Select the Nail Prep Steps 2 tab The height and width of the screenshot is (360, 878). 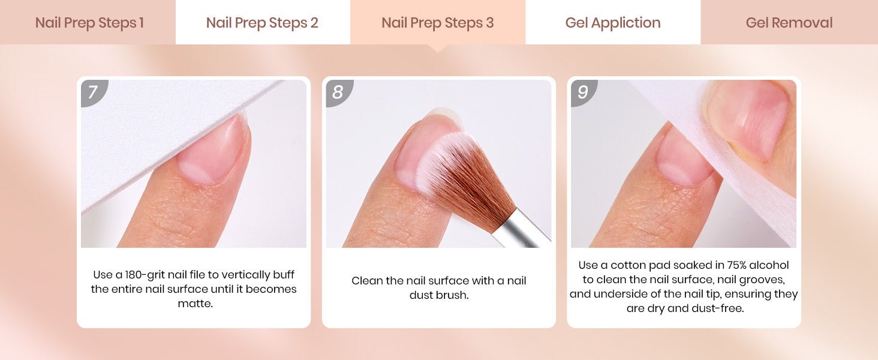(x=263, y=22)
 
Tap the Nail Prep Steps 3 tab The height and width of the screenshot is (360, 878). (x=438, y=22)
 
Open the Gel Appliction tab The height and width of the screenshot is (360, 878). (x=613, y=22)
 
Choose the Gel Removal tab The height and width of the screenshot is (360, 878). (x=789, y=22)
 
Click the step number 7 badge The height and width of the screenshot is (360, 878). (x=94, y=92)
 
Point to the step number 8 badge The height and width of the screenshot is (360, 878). (x=338, y=92)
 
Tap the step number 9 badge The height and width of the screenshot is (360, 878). (x=583, y=92)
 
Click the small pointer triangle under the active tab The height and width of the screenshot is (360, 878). (x=438, y=48)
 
